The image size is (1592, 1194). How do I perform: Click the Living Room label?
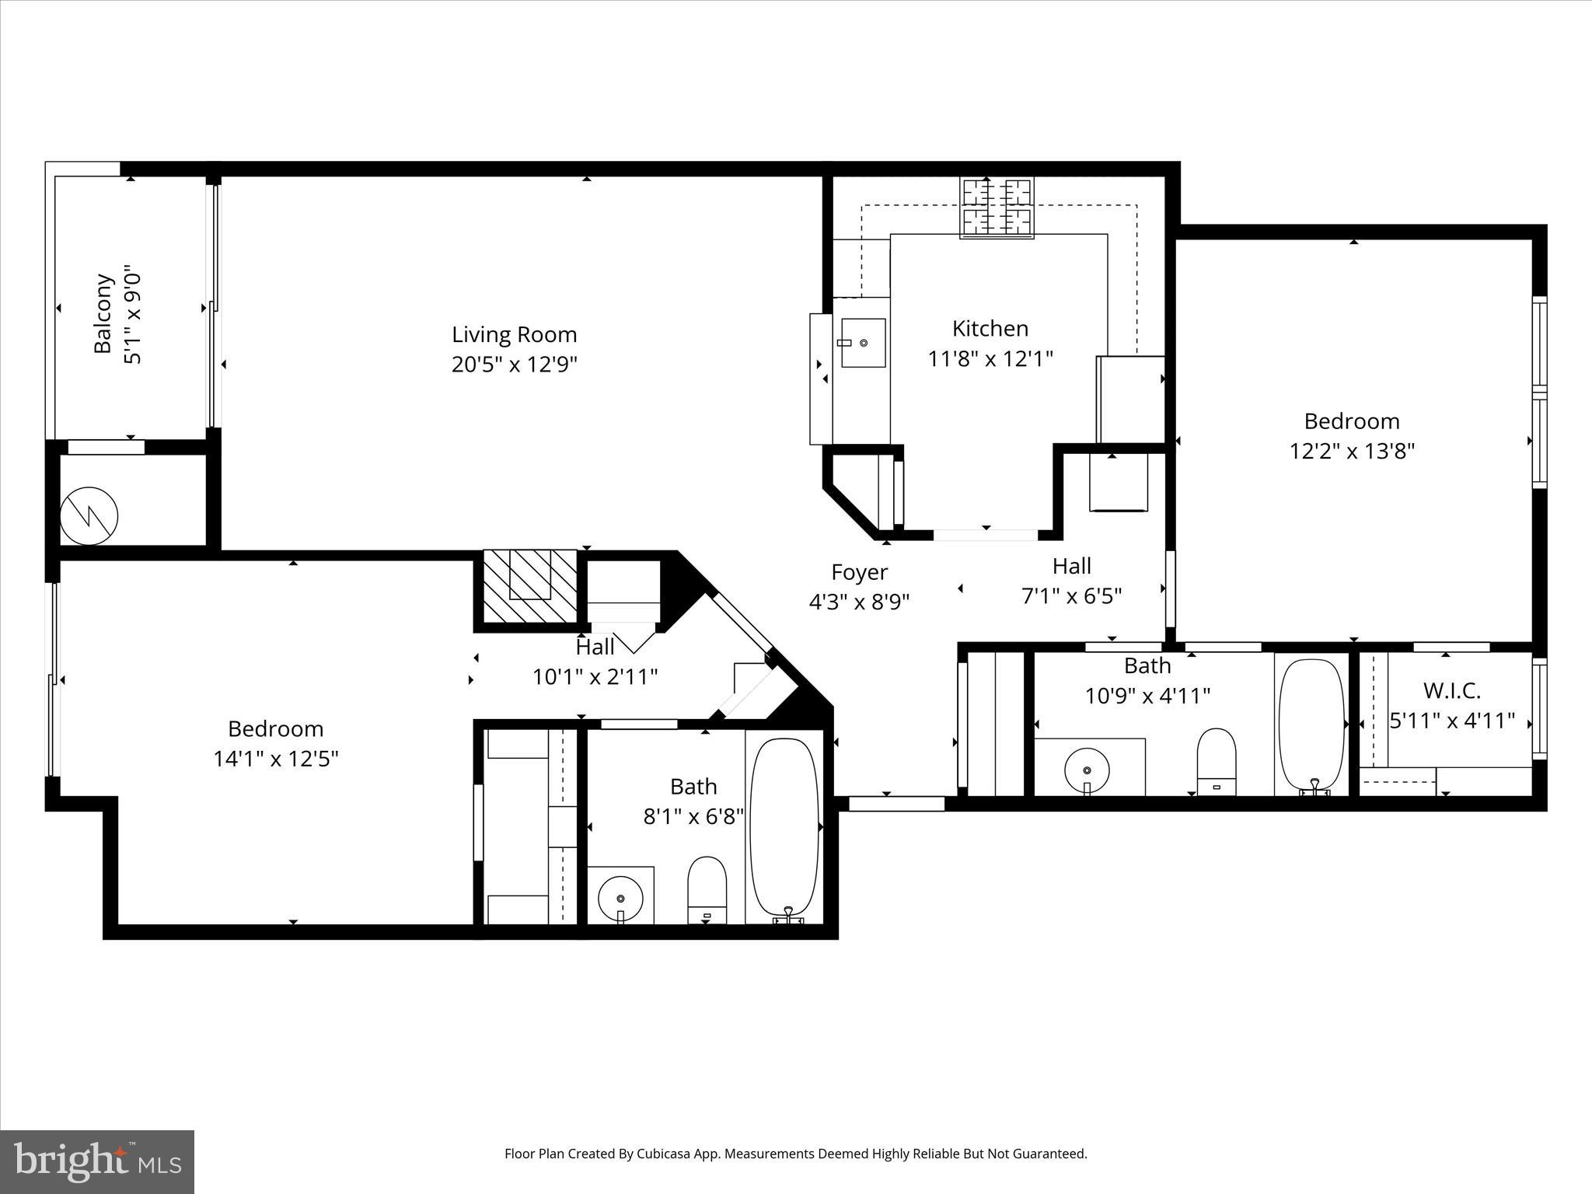pos(514,335)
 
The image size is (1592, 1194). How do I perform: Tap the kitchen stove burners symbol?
pos(997,208)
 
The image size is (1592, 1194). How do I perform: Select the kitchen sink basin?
pos(863,343)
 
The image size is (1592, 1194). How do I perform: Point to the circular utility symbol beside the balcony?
pos(89,516)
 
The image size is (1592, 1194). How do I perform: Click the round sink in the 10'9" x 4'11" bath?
pos(1087,770)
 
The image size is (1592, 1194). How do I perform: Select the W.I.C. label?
pos(1451,690)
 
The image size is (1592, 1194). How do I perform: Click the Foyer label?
pos(859,572)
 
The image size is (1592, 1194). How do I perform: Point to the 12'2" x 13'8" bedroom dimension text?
pos(1352,451)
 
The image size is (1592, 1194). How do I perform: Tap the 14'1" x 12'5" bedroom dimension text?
pos(276,759)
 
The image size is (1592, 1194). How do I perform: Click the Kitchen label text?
pos(990,329)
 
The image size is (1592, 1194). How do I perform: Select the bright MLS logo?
pos(96,1161)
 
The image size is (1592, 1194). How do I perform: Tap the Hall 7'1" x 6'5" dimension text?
pos(1071,595)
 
